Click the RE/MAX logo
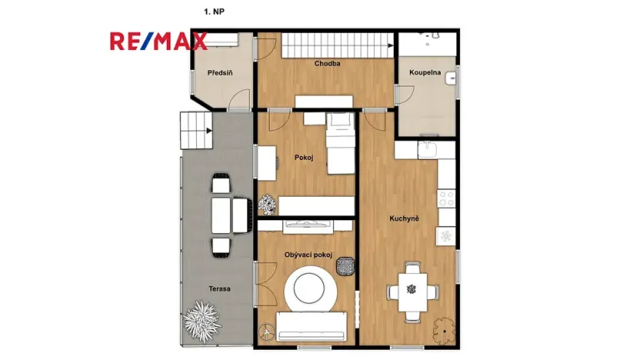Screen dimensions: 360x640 (158, 41)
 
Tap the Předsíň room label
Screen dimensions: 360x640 (220, 73)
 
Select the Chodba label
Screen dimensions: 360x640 (327, 64)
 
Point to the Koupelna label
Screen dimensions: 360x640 (425, 73)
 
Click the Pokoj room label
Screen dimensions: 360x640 (304, 158)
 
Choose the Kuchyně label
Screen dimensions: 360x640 (404, 219)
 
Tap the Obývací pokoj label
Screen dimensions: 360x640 (308, 255)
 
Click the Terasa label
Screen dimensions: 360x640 (218, 288)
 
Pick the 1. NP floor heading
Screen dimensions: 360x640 (215, 12)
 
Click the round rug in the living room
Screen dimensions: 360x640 (310, 290)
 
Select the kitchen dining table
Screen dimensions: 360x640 (412, 290)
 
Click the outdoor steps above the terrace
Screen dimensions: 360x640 (195, 132)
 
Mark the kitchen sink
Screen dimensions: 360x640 (428, 148)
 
